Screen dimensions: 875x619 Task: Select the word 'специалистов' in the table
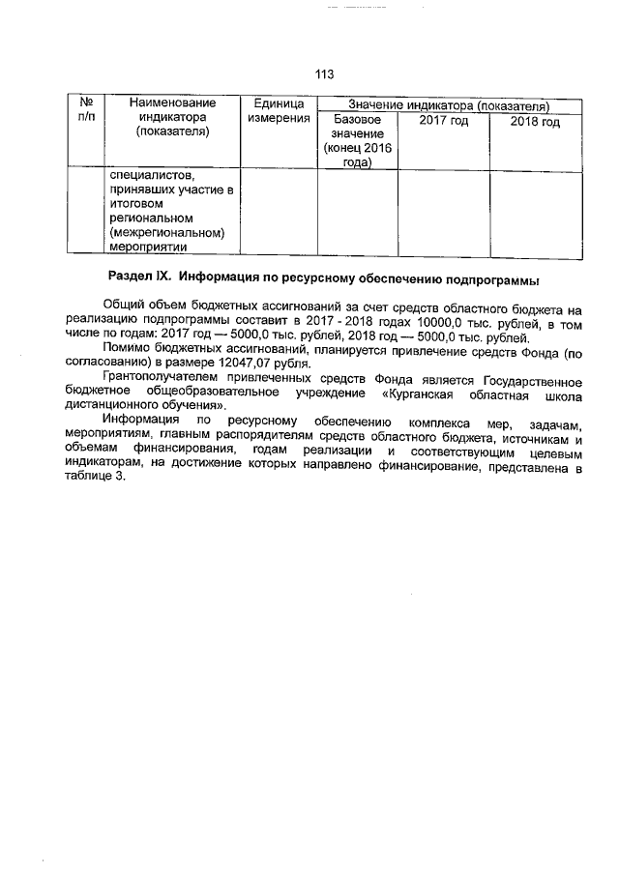(153, 176)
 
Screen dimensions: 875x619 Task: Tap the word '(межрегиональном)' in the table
(167, 233)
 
